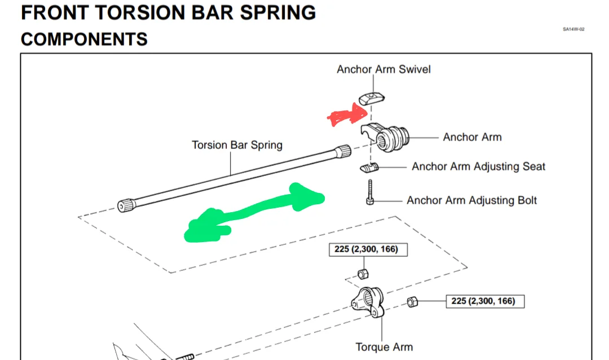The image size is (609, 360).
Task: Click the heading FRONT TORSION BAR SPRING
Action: tap(168, 12)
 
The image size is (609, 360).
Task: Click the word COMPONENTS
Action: tap(84, 39)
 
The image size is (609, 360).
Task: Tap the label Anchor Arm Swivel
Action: tap(383, 69)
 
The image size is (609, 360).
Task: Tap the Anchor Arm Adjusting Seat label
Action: tap(478, 166)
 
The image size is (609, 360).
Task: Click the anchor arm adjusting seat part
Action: tap(369, 168)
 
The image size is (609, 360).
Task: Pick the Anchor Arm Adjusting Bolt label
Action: tap(471, 200)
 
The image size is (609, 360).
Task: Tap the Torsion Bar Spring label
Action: tap(237, 145)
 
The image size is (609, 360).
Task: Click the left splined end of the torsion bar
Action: tap(125, 205)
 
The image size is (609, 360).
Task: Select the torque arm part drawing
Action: tap(368, 305)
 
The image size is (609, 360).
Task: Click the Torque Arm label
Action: tap(384, 347)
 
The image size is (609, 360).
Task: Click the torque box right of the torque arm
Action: tap(483, 301)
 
